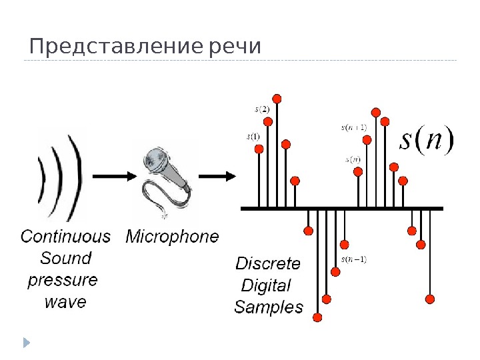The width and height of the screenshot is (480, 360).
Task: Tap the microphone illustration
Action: point(166,177)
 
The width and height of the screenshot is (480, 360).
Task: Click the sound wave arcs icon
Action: point(60,177)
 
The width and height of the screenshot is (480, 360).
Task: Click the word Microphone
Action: point(172,236)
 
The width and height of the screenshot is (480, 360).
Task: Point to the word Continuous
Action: point(65,236)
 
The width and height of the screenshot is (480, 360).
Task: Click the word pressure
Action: point(63,280)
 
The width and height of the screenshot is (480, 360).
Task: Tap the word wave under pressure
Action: point(65,302)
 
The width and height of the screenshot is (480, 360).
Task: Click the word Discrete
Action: point(268,263)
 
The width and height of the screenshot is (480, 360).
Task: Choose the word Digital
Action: point(266,285)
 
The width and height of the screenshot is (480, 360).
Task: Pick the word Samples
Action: point(269,307)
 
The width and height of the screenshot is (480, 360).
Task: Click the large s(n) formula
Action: point(426,141)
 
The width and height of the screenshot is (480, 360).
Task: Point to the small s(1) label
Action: point(253,137)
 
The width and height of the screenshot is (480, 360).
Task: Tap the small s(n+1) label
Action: point(354,126)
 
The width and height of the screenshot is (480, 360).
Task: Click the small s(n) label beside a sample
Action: point(353,159)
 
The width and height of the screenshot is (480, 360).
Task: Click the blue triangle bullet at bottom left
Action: point(27,342)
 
